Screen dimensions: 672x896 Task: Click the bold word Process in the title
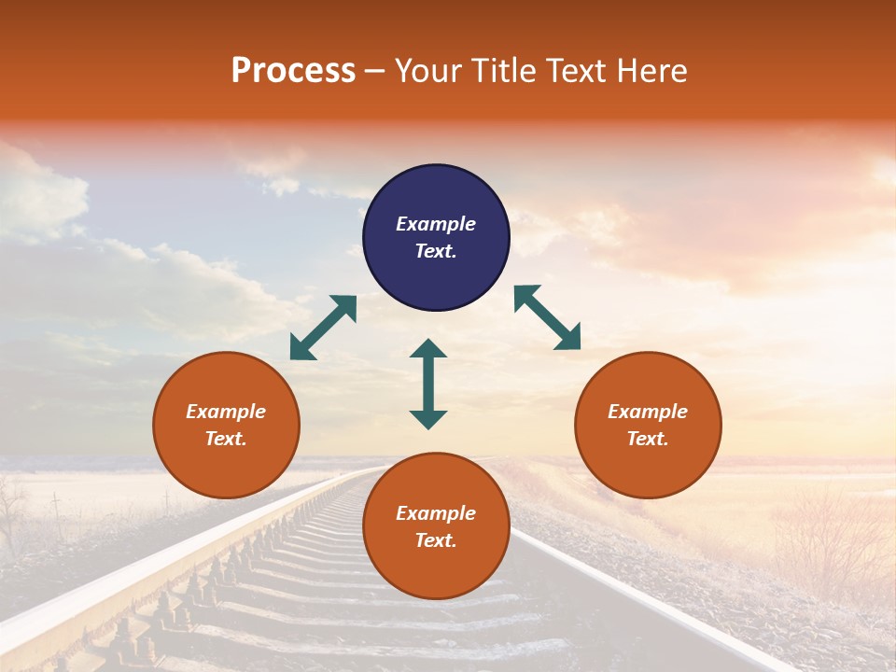pyautogui.click(x=293, y=71)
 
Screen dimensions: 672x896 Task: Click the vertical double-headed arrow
pyautogui.click(x=428, y=384)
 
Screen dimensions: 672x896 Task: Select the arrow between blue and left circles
pyautogui.click(x=323, y=328)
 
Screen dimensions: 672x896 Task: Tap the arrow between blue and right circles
pyautogui.click(x=547, y=317)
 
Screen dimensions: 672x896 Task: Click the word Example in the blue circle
pyautogui.click(x=436, y=224)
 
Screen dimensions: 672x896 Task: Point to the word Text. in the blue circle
pyautogui.click(x=436, y=251)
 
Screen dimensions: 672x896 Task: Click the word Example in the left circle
pyautogui.click(x=226, y=412)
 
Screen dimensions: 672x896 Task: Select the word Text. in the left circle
pyautogui.click(x=226, y=439)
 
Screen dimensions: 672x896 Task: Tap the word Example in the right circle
pyautogui.click(x=648, y=412)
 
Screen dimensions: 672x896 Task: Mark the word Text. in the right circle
pyautogui.click(x=648, y=439)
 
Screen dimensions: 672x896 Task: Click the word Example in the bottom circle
pyautogui.click(x=436, y=513)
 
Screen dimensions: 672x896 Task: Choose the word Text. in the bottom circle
pyautogui.click(x=436, y=540)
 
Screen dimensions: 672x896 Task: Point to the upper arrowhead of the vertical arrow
pyautogui.click(x=428, y=348)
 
